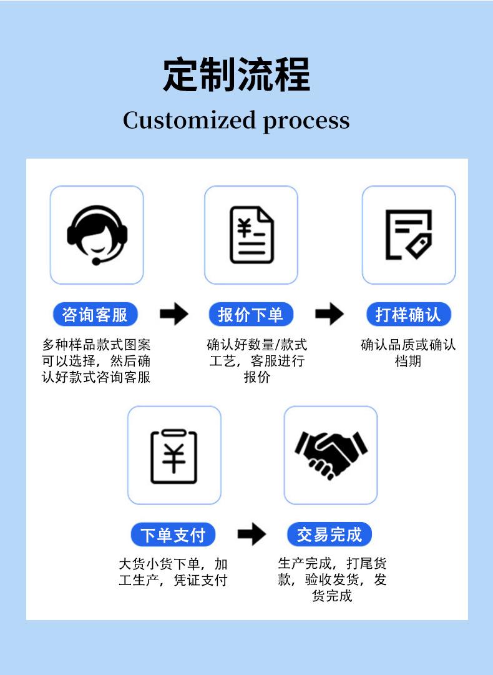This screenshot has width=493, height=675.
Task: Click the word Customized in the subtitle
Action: pyautogui.click(x=189, y=120)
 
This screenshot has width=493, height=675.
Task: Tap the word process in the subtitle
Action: pyautogui.click(x=306, y=121)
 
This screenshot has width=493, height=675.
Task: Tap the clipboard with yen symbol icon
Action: pyautogui.click(x=174, y=455)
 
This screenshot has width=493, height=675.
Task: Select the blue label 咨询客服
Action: pyautogui.click(x=95, y=314)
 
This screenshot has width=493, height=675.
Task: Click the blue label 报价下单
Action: pyautogui.click(x=251, y=314)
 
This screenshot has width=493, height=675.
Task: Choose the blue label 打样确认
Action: pyautogui.click(x=408, y=314)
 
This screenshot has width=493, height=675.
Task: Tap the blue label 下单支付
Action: pyautogui.click(x=173, y=535)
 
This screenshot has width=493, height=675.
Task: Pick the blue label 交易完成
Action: pyautogui.click(x=329, y=535)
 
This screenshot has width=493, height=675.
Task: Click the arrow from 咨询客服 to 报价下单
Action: pyautogui.click(x=174, y=314)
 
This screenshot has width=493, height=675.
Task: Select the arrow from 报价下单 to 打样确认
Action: pyautogui.click(x=329, y=314)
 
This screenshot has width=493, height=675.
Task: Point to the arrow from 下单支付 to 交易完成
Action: pyautogui.click(x=252, y=535)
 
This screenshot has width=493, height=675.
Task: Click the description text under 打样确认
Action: pyautogui.click(x=408, y=353)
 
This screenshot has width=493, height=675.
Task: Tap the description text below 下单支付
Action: pyautogui.click(x=173, y=572)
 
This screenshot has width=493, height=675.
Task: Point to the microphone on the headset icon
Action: pyautogui.click(x=96, y=260)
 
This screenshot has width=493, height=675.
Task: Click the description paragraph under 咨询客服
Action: pyautogui.click(x=96, y=361)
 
